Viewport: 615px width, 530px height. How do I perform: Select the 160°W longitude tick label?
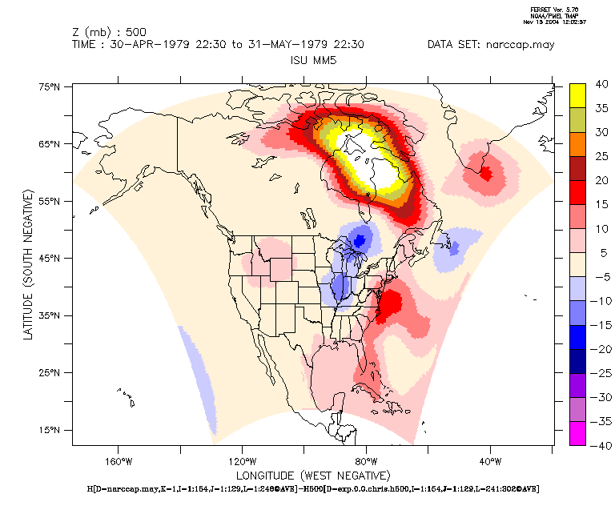[x=119, y=461]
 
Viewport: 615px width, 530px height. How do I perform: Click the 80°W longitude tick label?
[x=366, y=461]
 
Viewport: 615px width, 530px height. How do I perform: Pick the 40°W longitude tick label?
[x=489, y=461]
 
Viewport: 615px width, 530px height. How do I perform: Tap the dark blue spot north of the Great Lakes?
[x=360, y=239]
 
